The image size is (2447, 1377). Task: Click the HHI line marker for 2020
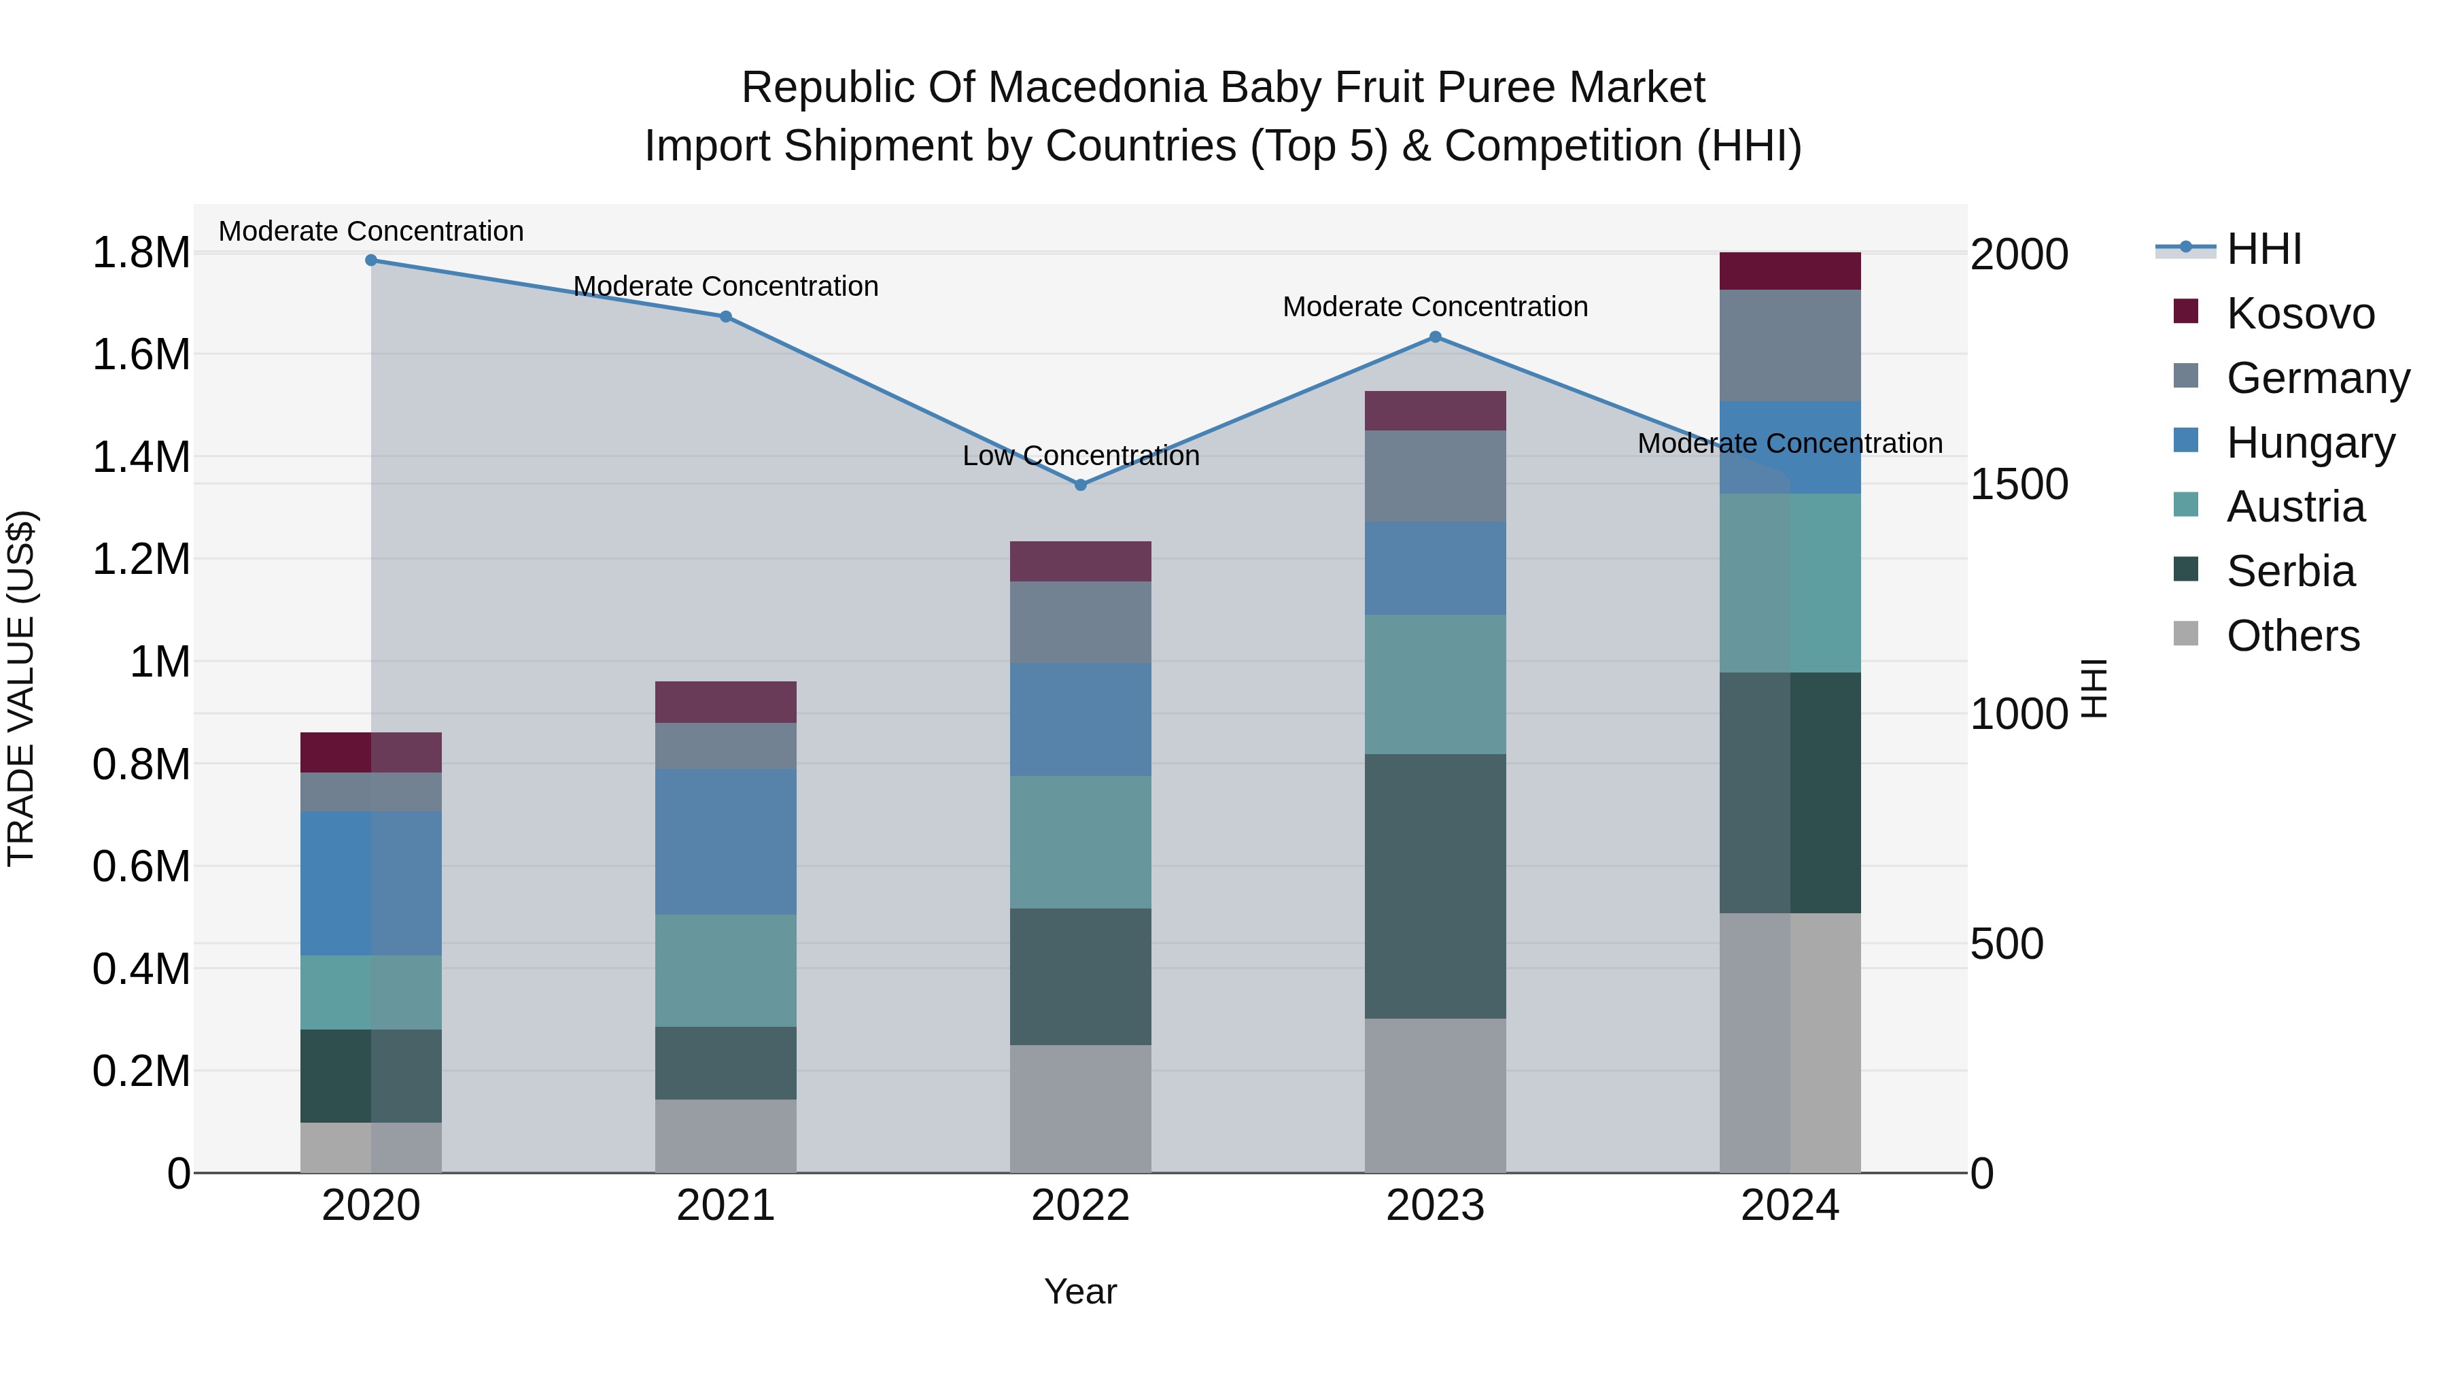point(371,260)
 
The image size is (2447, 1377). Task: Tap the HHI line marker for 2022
point(1080,485)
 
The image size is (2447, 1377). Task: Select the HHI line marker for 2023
point(1436,337)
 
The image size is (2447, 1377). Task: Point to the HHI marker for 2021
point(726,316)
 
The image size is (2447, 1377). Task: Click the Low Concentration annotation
point(1080,456)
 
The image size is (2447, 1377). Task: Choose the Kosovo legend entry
point(2299,313)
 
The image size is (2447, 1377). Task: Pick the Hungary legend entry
point(2309,443)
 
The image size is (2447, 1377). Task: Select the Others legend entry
point(2292,636)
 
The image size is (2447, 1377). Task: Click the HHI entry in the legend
point(2263,249)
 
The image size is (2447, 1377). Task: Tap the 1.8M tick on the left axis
point(141,254)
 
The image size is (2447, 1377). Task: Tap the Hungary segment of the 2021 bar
point(726,842)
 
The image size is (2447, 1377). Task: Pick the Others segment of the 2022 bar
point(1080,1108)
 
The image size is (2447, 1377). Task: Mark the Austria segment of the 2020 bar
point(371,992)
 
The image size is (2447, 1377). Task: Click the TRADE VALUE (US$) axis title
point(21,688)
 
